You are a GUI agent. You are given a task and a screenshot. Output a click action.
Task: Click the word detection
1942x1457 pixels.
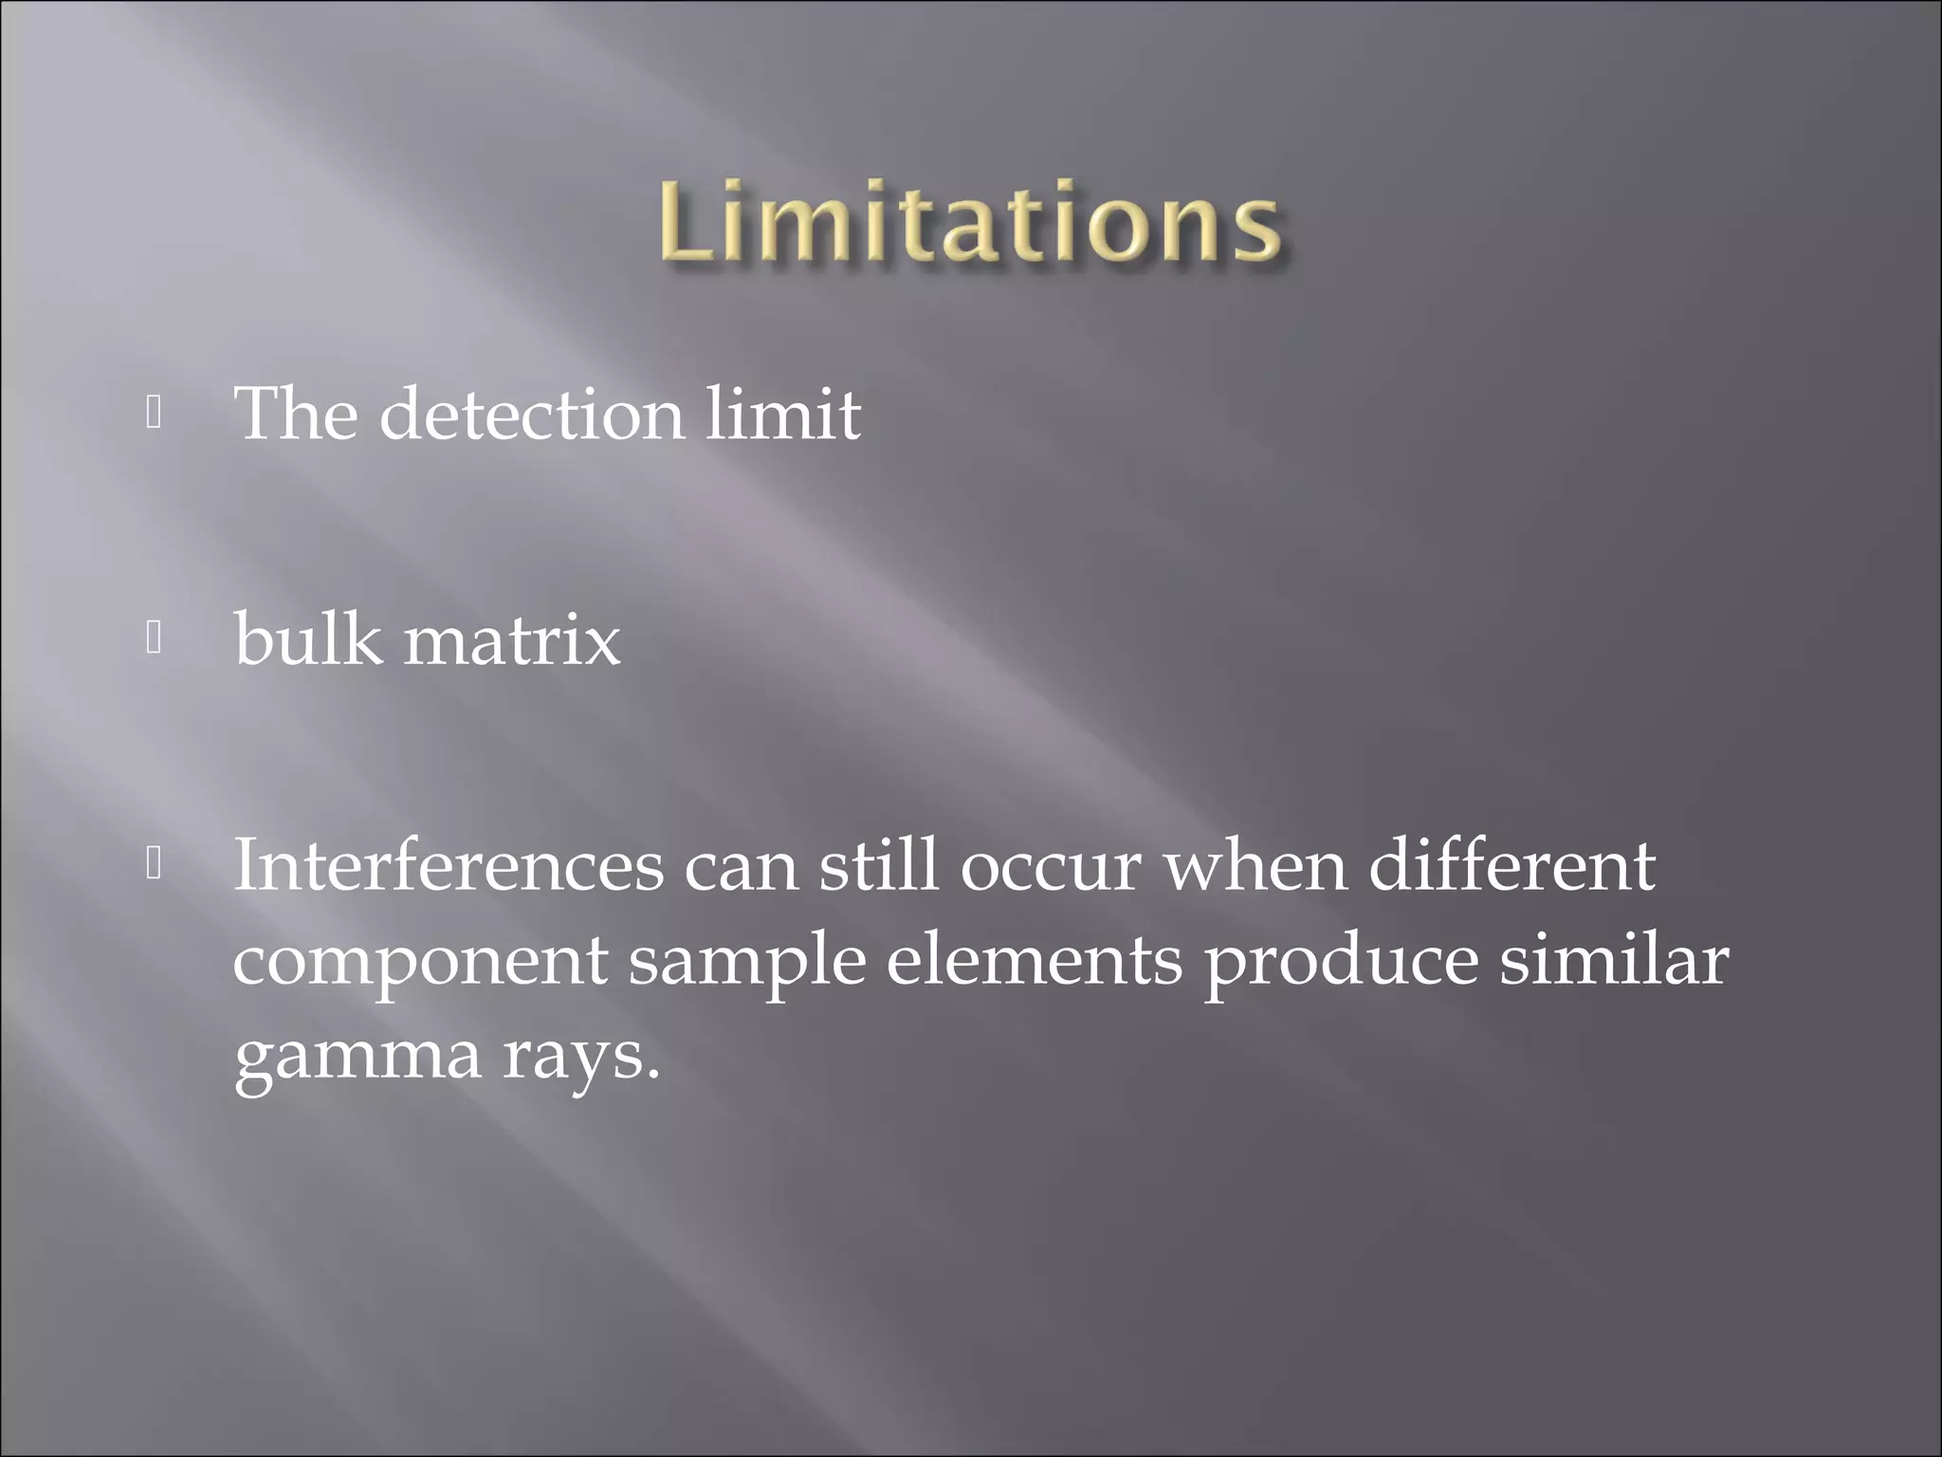[531, 415]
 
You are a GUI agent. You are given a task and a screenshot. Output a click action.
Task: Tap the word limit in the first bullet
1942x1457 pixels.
[782, 415]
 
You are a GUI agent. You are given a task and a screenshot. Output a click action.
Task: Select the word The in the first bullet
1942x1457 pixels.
[296, 415]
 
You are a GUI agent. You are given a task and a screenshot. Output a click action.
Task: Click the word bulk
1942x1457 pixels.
[308, 639]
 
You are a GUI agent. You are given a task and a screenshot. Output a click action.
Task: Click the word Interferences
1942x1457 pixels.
[449, 865]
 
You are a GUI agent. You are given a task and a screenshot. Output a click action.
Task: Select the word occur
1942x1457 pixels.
[1050, 867]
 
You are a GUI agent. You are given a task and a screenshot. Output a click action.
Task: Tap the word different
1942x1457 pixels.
[1511, 865]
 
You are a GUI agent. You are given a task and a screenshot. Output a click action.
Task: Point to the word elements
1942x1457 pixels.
[1035, 960]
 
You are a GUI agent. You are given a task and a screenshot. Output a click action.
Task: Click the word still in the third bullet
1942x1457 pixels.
[878, 865]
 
